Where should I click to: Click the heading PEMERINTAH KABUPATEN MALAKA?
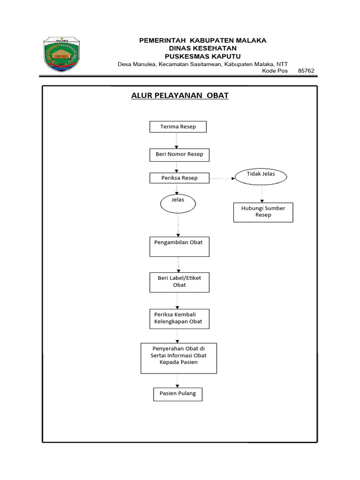[202, 40]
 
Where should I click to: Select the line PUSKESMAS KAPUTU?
[202, 56]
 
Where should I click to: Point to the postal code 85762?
[306, 71]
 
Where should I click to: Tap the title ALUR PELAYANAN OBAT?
[180, 96]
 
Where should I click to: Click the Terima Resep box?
[178, 127]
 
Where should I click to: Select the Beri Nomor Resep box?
[179, 155]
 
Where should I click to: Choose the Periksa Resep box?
[179, 178]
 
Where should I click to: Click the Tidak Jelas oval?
[261, 176]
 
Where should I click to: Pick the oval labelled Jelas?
[178, 202]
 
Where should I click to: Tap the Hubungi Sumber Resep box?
[263, 212]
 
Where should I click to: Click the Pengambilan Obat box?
[179, 247]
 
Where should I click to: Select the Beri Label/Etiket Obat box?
[179, 282]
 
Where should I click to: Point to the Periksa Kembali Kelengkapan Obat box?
[179, 318]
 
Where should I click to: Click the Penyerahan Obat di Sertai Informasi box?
[179, 358]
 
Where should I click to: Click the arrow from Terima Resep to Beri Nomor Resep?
[177, 141]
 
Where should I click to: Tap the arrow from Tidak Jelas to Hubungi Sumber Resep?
[262, 193]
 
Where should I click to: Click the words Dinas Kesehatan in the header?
[202, 48]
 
